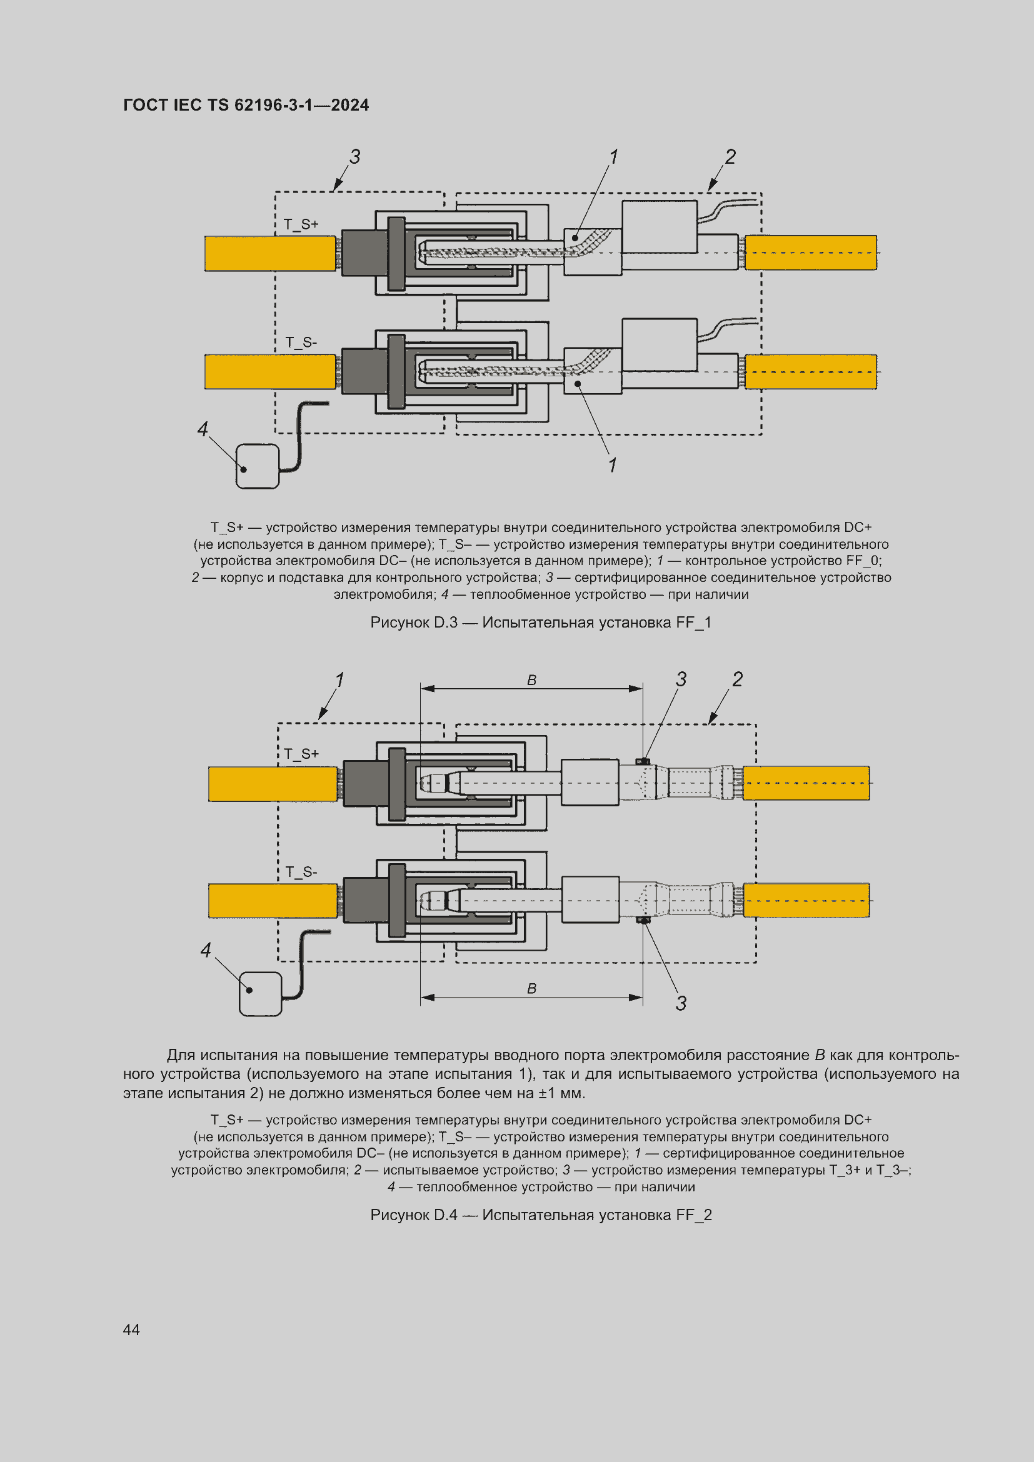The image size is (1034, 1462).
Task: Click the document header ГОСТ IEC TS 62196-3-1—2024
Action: coord(246,105)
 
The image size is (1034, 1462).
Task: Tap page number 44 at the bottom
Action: coord(131,1329)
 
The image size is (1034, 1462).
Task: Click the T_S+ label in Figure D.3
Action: coord(301,224)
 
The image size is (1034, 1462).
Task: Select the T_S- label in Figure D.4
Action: coord(301,872)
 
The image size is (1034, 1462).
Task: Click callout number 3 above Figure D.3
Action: coord(354,157)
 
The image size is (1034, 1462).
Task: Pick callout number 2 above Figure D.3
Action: coord(730,157)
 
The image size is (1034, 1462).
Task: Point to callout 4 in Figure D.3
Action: coord(203,429)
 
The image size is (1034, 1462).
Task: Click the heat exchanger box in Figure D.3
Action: coord(257,466)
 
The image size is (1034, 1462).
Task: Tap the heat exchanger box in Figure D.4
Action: coord(260,993)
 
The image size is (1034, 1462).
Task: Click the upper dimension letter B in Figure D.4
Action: coord(531,680)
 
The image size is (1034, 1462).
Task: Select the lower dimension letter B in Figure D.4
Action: coord(531,988)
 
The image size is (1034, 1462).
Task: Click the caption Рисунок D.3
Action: coord(414,622)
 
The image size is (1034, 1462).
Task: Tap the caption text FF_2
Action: coord(694,1215)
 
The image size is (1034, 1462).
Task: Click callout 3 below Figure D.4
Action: coord(681,1004)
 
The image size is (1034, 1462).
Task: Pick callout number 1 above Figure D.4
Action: coord(339,679)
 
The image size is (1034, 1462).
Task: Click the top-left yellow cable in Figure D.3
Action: coord(270,253)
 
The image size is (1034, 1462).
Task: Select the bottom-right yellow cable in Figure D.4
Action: coord(806,900)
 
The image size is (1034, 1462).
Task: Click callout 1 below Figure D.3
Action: coord(613,465)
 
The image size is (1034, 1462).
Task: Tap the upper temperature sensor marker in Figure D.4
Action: coord(643,761)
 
